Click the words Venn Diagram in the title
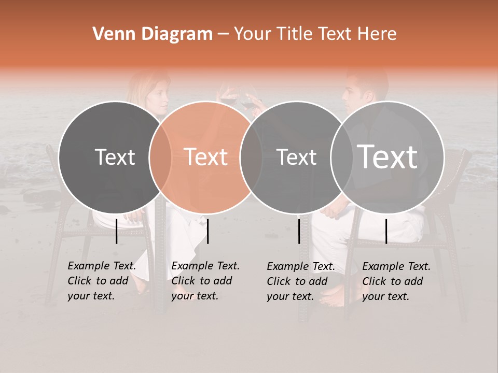153,34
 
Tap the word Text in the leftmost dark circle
115,157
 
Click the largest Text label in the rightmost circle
388,156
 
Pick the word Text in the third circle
297,157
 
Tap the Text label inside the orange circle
206,157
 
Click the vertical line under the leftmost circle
117,231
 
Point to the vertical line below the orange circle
208,231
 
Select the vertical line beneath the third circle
299,231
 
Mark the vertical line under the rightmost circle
386,231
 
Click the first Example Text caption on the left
102,281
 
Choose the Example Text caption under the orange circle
205,281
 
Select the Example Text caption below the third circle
301,281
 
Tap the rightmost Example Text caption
396,281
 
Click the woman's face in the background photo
158,94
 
